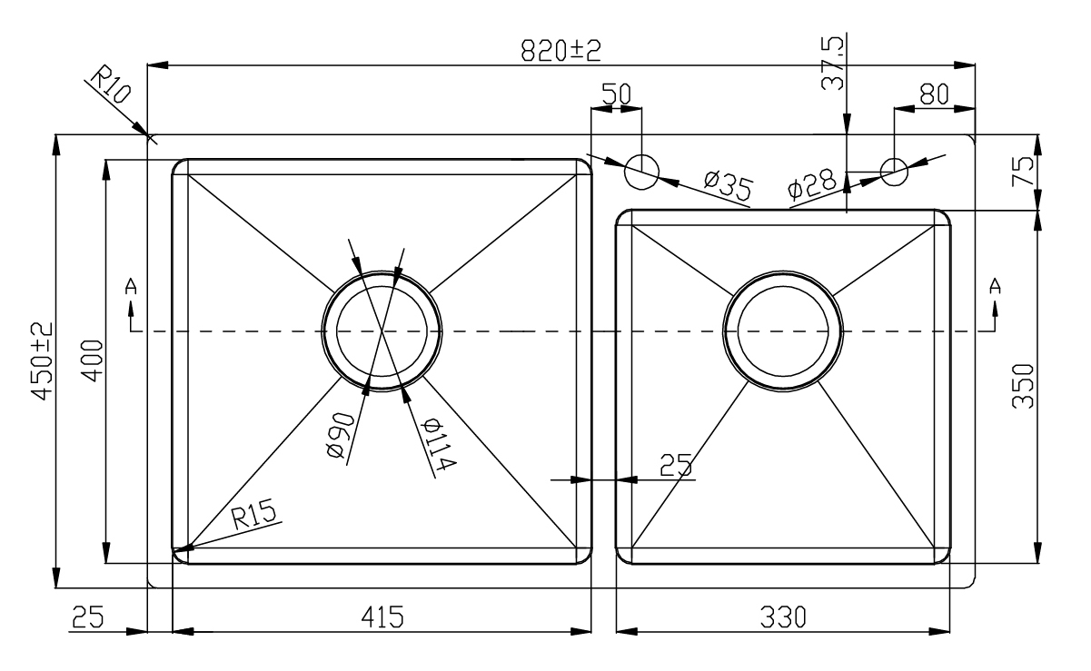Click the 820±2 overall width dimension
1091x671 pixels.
[561, 51]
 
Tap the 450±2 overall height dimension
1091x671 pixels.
[42, 361]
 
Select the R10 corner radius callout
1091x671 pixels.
[111, 84]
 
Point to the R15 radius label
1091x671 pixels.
[253, 514]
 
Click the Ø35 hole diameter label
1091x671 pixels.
[729, 186]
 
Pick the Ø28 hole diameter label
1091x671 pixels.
[812, 183]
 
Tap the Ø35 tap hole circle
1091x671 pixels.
[641, 172]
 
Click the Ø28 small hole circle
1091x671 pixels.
[894, 172]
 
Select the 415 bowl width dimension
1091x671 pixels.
[382, 617]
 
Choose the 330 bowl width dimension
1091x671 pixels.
[783, 617]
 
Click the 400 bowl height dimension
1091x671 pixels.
[93, 360]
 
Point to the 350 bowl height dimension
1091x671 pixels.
[1022, 386]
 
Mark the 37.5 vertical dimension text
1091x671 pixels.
[832, 64]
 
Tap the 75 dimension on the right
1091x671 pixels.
[1022, 171]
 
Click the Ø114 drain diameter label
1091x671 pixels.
[441, 444]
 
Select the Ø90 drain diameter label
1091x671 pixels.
[341, 435]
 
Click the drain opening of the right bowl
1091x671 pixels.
[783, 331]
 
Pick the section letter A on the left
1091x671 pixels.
[131, 287]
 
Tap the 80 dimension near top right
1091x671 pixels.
[934, 94]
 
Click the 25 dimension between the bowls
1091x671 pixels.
[676, 465]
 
